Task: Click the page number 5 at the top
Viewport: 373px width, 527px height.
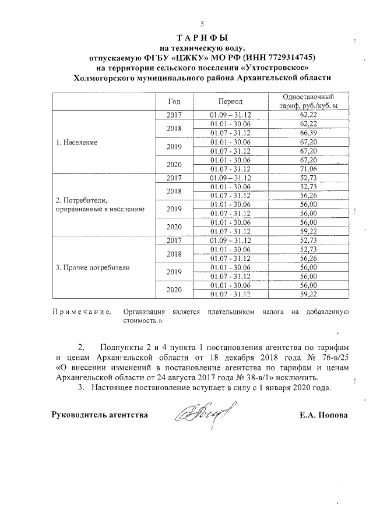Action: [202, 24]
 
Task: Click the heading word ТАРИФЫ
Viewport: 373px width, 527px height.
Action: [202, 38]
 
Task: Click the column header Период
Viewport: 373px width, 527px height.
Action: [230, 101]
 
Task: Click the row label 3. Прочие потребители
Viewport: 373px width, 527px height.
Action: [92, 268]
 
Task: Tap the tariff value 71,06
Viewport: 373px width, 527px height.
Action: [308, 168]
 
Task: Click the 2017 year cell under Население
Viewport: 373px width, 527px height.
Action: [175, 115]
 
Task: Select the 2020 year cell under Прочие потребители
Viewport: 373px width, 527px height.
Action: [175, 289]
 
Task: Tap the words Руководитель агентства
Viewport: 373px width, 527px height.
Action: [100, 415]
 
